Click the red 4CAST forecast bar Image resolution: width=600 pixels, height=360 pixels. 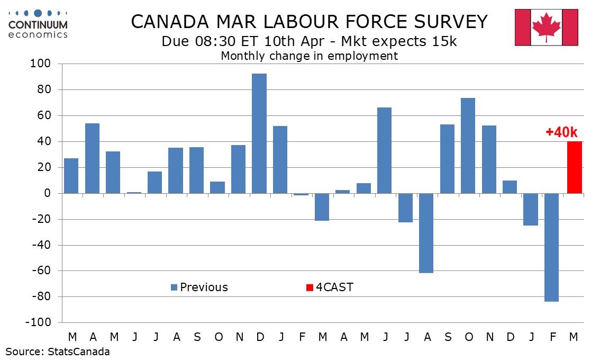(574, 167)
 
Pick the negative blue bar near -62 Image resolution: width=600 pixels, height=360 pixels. (426, 233)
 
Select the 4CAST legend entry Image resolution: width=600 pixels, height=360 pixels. (330, 287)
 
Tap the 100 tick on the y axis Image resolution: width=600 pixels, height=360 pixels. (42, 64)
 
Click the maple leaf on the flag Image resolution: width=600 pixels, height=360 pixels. (546, 26)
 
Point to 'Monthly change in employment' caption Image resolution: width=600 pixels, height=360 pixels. (309, 56)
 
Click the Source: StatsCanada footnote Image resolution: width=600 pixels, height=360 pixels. (58, 352)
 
